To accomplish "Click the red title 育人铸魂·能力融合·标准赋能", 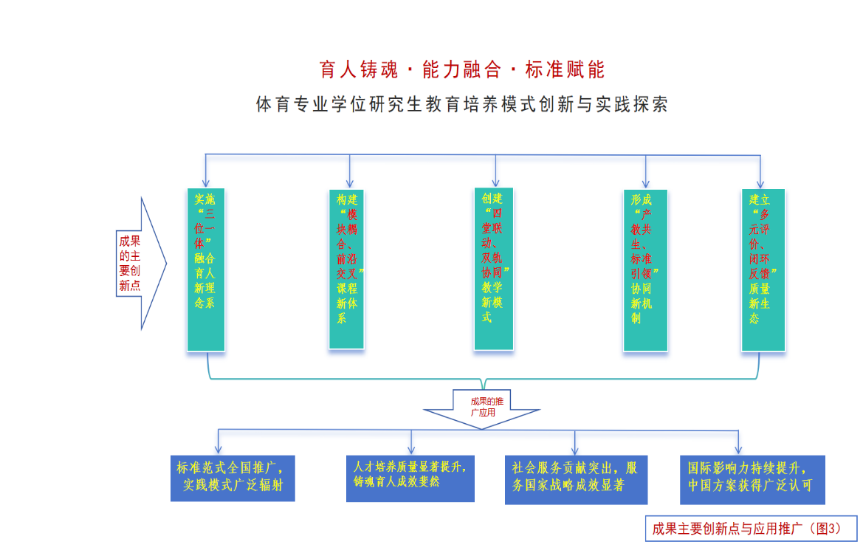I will (462, 70).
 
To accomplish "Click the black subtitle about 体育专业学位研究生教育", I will (462, 104).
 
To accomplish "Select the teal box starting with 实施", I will (206, 270).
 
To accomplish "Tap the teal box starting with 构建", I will (347, 270).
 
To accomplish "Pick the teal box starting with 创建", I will (494, 270).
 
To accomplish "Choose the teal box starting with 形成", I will (645, 270).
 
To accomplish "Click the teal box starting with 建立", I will (763, 270).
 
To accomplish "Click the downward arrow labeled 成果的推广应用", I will (482, 408).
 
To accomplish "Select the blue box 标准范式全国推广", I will (233, 478).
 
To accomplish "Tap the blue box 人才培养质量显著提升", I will (411, 478).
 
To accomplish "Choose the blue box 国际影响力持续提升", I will (752, 479).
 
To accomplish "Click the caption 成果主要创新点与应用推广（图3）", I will (752, 529).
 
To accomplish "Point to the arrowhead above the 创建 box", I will (495, 182).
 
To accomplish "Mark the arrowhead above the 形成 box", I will (646, 183).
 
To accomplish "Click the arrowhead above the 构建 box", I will (349, 183).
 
